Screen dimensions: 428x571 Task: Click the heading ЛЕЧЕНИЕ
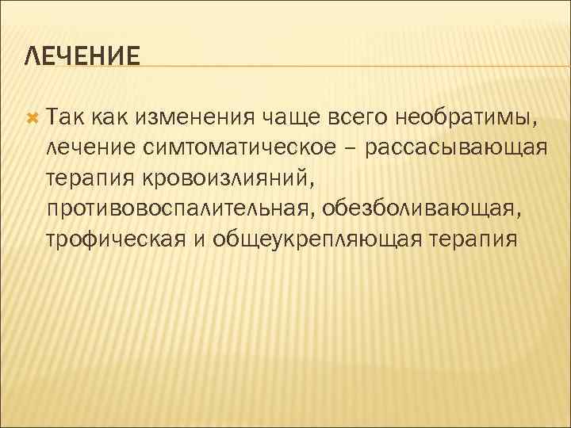[82, 56]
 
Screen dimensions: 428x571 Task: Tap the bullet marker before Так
[32, 118]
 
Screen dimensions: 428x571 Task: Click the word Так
[67, 118]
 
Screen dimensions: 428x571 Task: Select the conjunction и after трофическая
[198, 239]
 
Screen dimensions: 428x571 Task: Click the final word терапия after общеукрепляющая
[474, 239]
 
